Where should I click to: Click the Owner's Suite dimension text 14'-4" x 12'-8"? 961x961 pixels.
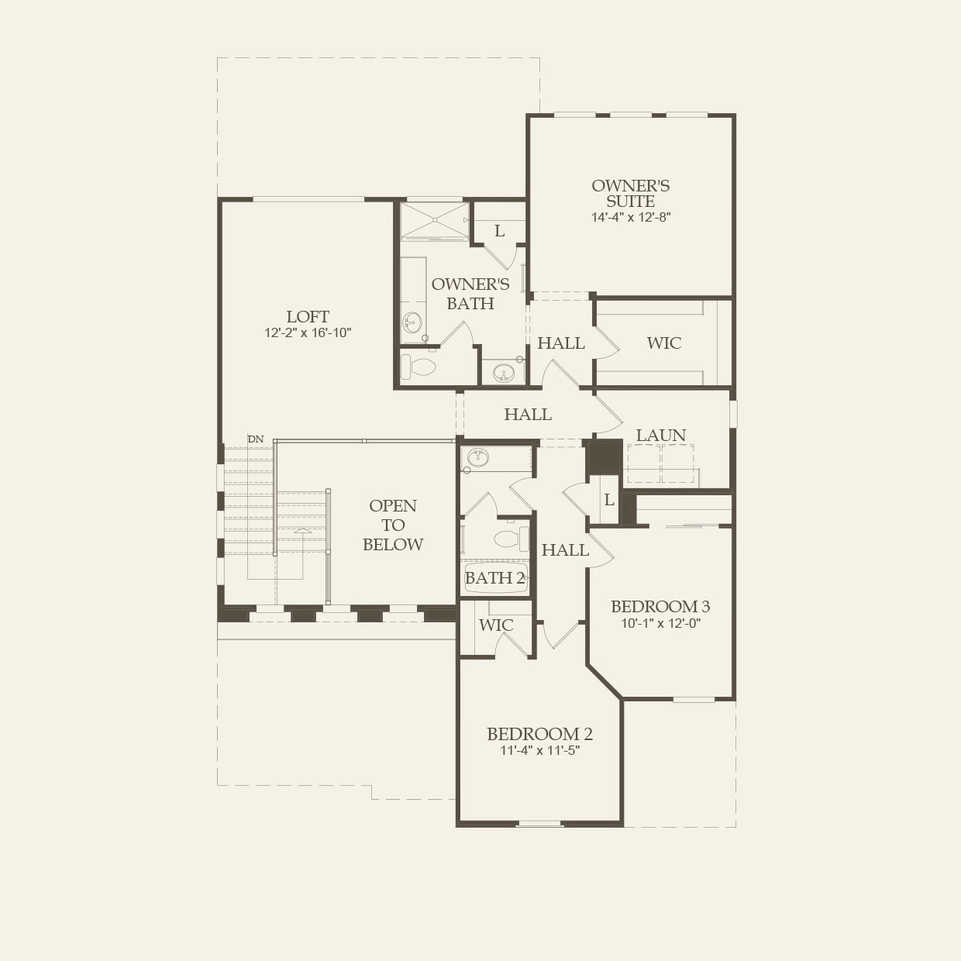pos(631,218)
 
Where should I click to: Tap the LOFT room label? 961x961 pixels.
pos(308,317)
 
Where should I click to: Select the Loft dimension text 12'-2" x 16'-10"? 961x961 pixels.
pos(308,332)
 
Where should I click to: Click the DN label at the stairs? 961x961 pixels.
pos(256,439)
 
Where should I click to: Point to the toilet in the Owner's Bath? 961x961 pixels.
pos(418,367)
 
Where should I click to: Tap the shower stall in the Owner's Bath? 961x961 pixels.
pos(434,220)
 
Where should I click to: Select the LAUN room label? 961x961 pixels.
pos(661,436)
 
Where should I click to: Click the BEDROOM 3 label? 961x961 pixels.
pos(660,606)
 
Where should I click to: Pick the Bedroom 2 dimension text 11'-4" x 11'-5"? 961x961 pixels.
pos(540,750)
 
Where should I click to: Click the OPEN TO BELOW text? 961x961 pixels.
pos(393,525)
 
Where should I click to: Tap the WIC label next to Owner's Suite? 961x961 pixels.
pos(663,343)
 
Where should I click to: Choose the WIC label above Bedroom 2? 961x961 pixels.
pos(496,625)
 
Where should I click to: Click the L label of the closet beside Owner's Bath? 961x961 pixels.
pos(499,231)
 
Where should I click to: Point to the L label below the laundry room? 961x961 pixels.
pos(609,500)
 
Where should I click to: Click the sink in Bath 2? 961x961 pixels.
pos(477,457)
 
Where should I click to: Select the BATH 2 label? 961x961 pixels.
pos(494,578)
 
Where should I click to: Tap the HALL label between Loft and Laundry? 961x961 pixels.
pos(528,415)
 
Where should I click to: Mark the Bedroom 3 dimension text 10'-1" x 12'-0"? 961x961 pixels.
pos(661,623)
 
